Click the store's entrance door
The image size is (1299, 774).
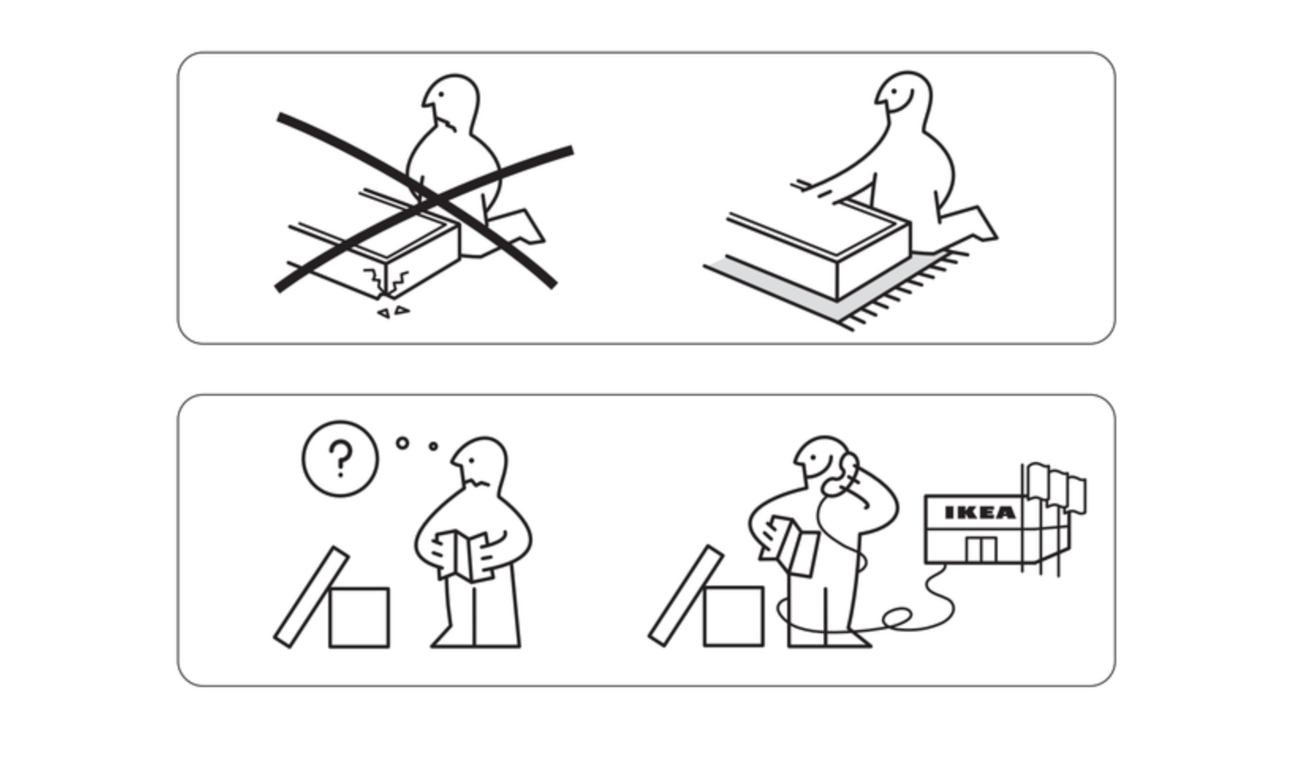pyautogui.click(x=981, y=549)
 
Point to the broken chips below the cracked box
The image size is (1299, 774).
pyautogui.click(x=393, y=312)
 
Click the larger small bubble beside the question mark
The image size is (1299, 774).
pyautogui.click(x=403, y=443)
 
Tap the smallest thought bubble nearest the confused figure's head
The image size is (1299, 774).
pyautogui.click(x=434, y=446)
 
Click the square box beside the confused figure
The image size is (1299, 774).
pyautogui.click(x=359, y=617)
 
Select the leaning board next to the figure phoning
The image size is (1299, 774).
pyautogui.click(x=686, y=595)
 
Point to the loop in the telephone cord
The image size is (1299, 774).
pyautogui.click(x=897, y=619)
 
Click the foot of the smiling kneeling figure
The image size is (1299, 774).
pyautogui.click(x=975, y=223)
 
